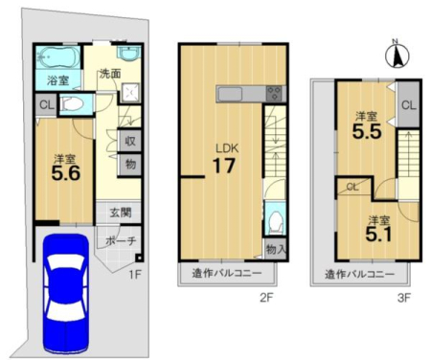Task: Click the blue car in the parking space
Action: coord(65,294)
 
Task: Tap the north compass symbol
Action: coord(397,56)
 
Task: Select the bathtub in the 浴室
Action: coord(57,57)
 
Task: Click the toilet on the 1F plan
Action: coord(73,104)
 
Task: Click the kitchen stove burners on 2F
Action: coord(274,94)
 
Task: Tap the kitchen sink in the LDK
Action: coord(230,94)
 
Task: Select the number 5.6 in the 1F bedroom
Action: coord(66,174)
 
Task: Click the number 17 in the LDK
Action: coord(224,166)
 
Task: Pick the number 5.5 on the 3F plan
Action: coord(367,131)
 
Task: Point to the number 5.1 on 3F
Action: coord(378,235)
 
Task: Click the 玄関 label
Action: coord(121,213)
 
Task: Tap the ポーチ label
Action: coord(121,240)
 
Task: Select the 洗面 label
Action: coord(110,74)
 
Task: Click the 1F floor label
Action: coord(135,274)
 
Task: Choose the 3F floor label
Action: coord(403,298)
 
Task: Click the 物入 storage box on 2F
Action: coord(275,249)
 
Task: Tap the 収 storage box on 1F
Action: coord(130,141)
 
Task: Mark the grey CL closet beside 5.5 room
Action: coord(409,105)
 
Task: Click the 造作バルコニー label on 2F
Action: coord(227,273)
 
